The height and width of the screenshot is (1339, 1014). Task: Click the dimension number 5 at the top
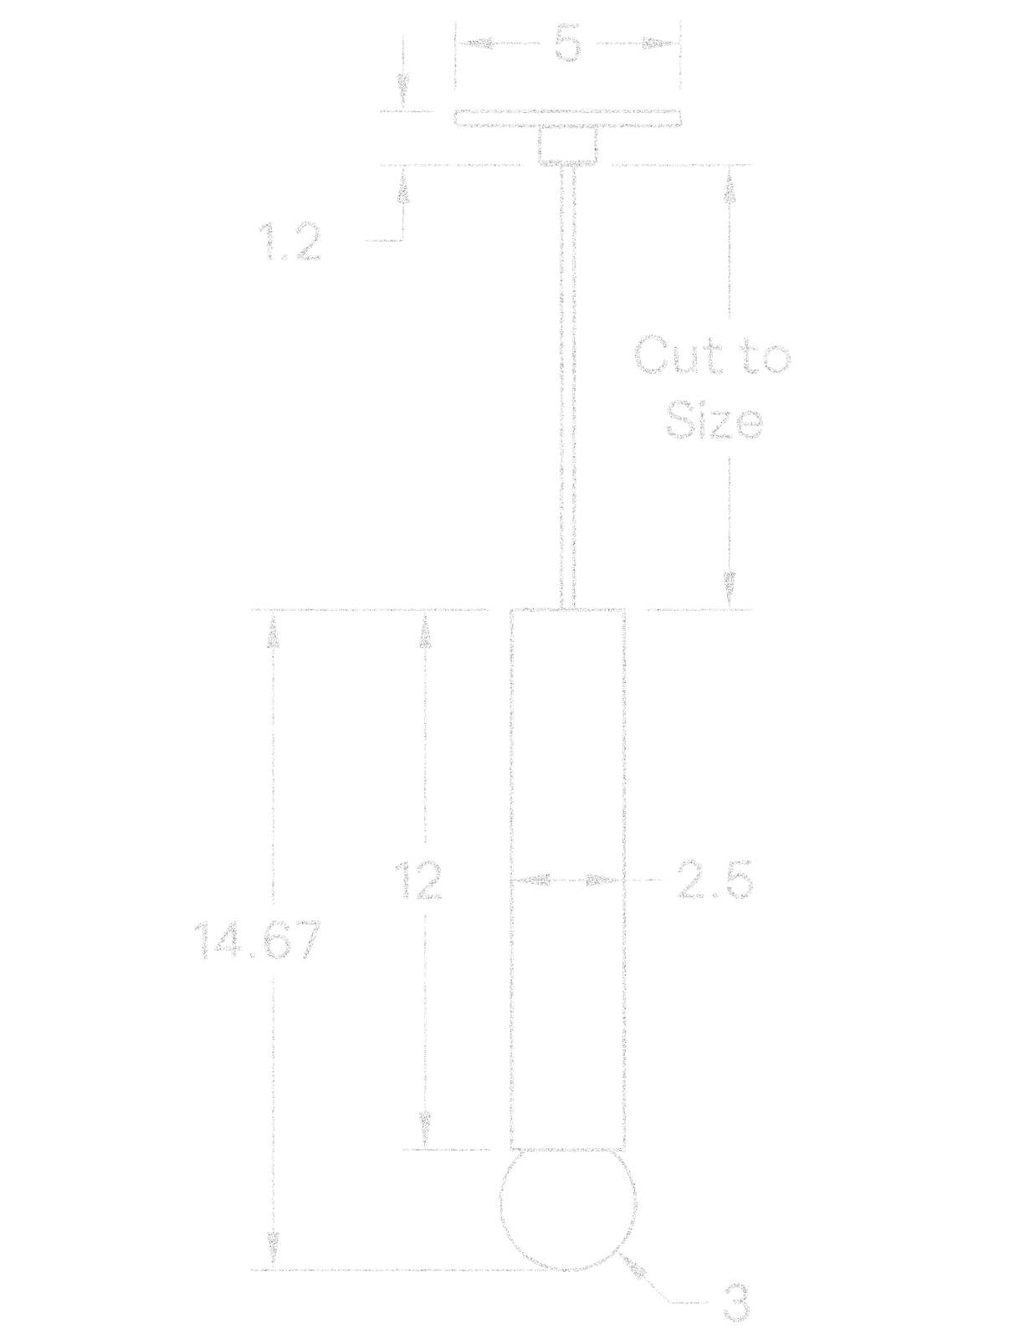coord(567,44)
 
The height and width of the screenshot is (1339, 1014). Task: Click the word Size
coord(714,420)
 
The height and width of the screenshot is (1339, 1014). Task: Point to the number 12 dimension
coord(418,880)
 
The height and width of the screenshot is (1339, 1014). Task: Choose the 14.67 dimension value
coord(257,940)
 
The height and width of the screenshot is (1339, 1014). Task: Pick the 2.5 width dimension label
coord(714,880)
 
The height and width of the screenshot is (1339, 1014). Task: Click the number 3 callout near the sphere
coord(736,1304)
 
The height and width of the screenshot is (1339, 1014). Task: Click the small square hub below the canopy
coord(567,146)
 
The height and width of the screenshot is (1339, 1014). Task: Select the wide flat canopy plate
coord(567,119)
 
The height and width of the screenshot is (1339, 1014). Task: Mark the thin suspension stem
coord(567,386)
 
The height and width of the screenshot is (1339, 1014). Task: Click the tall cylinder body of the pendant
coord(567,879)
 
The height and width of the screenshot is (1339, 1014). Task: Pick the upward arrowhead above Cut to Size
coord(730,185)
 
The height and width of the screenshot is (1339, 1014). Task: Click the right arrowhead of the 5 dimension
coord(660,44)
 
